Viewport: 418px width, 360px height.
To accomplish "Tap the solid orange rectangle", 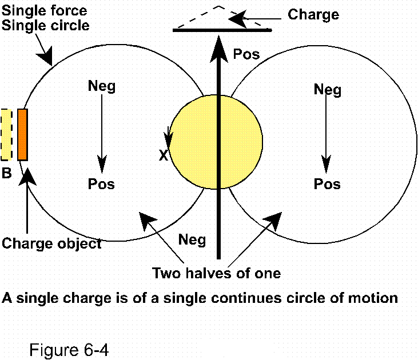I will (x=23, y=134).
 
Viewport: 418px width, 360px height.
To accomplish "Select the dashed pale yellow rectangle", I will (x=6, y=134).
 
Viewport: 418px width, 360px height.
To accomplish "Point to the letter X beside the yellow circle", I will (x=164, y=155).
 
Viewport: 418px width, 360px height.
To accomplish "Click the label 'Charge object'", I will (x=52, y=243).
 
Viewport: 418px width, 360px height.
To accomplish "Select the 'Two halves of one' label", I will (x=217, y=273).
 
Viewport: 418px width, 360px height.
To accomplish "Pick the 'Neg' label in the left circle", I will (x=102, y=86).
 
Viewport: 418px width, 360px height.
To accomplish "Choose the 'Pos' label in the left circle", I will (x=101, y=184).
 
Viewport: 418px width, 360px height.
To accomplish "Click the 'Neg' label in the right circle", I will (x=328, y=90).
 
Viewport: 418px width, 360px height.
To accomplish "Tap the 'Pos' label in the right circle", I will (x=327, y=184).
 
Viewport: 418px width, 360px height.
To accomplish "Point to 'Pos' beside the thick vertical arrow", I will (x=246, y=55).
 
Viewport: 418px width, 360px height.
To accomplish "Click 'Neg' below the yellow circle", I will (x=192, y=239).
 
